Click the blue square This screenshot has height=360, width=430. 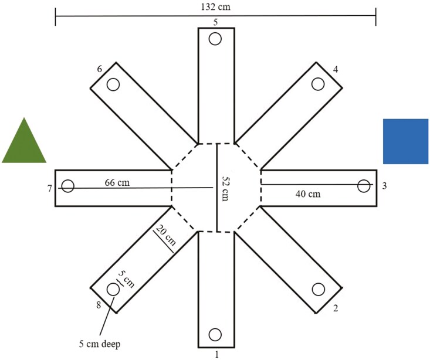(x=405, y=141)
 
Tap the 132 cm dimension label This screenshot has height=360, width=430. (x=215, y=6)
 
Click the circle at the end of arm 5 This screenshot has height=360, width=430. (x=215, y=39)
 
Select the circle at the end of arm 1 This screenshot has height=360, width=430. (x=215, y=334)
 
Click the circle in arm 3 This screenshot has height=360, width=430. (x=364, y=186)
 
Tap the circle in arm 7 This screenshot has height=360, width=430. (x=68, y=186)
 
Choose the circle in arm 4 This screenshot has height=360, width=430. (x=319, y=84)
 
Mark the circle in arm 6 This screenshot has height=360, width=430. (x=113, y=84)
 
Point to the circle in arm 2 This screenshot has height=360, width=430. (x=319, y=289)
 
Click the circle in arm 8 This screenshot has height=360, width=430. (x=113, y=289)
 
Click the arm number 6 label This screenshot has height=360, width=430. (x=100, y=69)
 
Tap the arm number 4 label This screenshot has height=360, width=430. (x=335, y=69)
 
